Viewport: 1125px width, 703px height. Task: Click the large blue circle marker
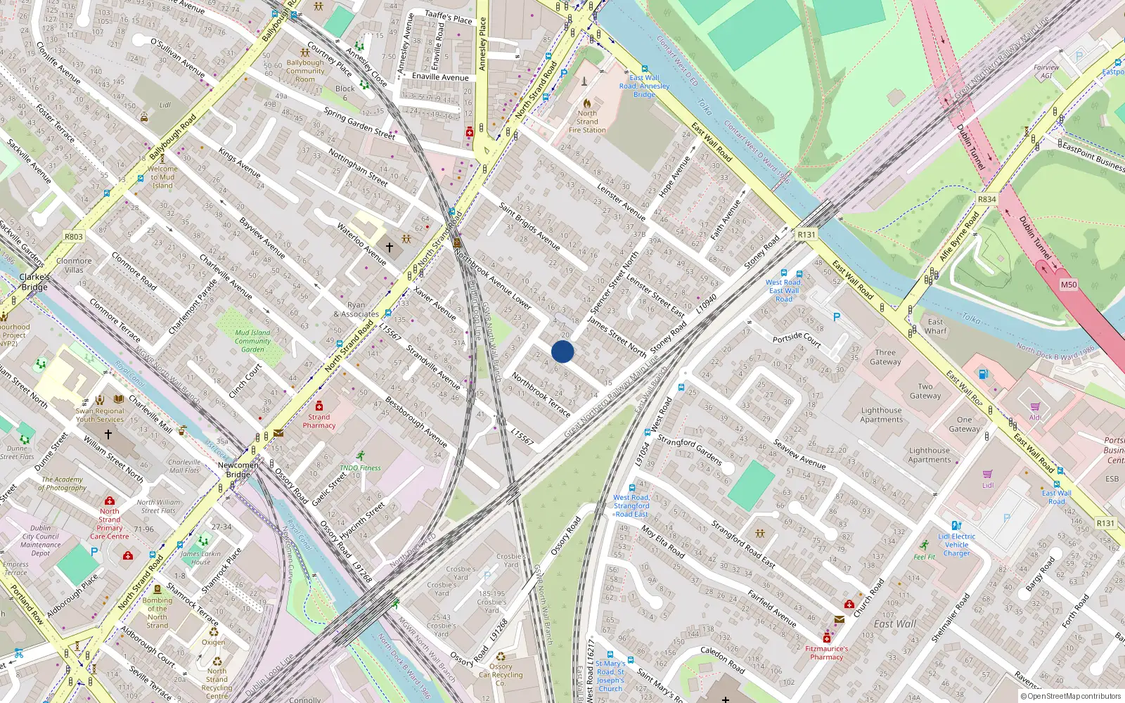pyautogui.click(x=562, y=351)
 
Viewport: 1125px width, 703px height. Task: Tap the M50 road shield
pyautogui.click(x=1068, y=285)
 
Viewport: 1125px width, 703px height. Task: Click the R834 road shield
pyautogui.click(x=986, y=200)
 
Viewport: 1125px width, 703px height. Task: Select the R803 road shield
pyautogui.click(x=74, y=237)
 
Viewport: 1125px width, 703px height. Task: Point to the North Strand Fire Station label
pyautogui.click(x=587, y=122)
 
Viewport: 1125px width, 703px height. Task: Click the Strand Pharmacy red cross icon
pyautogui.click(x=319, y=406)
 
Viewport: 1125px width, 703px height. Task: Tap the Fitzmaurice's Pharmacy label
pyautogui.click(x=826, y=653)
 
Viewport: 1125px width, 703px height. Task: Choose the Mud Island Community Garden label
pyautogui.click(x=252, y=341)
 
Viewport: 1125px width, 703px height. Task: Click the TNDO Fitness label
pyautogui.click(x=360, y=467)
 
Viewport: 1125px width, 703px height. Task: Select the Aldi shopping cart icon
pyautogui.click(x=1035, y=407)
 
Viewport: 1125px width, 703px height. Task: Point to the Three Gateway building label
pyautogui.click(x=885, y=357)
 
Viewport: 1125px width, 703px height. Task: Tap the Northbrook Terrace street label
pyautogui.click(x=541, y=394)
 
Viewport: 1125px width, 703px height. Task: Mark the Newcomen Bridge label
pyautogui.click(x=238, y=470)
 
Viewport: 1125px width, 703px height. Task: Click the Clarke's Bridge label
pyautogui.click(x=34, y=282)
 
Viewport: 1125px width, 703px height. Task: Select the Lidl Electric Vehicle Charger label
pyautogui.click(x=956, y=545)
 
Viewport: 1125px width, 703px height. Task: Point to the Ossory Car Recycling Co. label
pyautogui.click(x=501, y=675)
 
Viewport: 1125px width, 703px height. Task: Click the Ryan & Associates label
pyautogui.click(x=356, y=310)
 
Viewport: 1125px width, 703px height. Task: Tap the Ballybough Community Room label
pyautogui.click(x=305, y=71)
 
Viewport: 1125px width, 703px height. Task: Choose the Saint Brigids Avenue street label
pyautogui.click(x=529, y=226)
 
